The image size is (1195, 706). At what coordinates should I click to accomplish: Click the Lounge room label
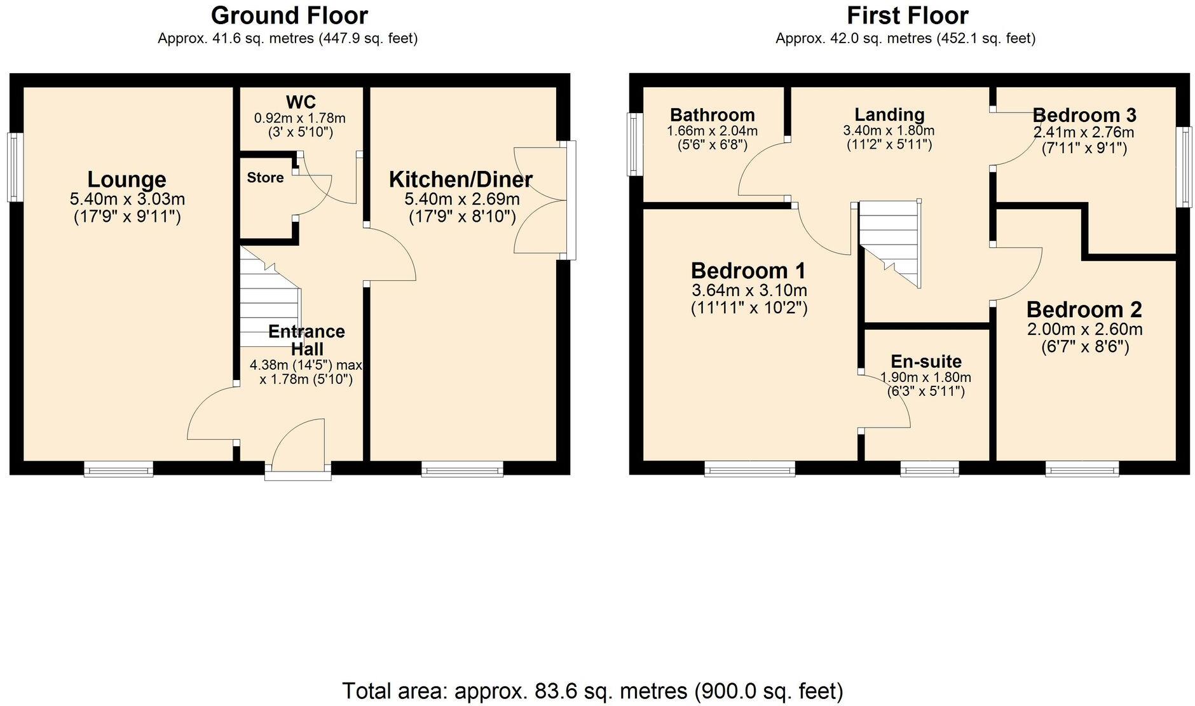[127, 179]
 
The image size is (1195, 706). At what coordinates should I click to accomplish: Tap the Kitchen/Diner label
[461, 179]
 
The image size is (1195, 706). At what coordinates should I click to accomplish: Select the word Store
[265, 177]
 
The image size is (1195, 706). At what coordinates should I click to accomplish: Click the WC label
[301, 102]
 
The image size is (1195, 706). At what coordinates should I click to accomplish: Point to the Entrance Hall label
[306, 340]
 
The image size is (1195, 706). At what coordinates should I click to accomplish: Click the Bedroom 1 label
[748, 271]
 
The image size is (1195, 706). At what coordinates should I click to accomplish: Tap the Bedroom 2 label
[1084, 309]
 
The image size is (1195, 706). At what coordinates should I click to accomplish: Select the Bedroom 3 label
[1084, 115]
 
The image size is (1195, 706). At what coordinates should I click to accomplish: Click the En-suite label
[926, 362]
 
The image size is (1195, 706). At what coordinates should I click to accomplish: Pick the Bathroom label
[713, 115]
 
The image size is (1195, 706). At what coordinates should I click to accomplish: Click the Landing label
[889, 115]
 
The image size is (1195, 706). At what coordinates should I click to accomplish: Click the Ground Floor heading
[289, 15]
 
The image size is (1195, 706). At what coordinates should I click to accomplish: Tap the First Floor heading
[907, 15]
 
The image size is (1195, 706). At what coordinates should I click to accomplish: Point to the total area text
[593, 690]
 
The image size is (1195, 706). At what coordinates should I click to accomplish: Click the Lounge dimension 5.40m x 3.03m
[127, 199]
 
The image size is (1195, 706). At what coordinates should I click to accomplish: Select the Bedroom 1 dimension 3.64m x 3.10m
[749, 291]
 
